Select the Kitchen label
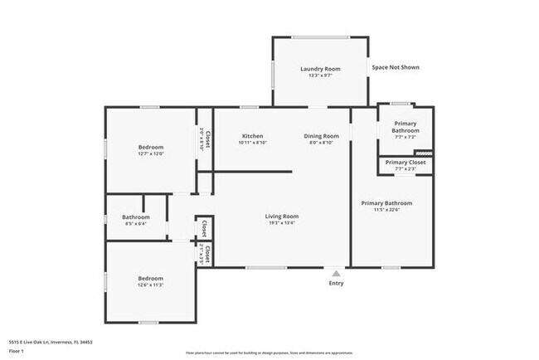tap(252, 136)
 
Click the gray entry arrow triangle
tap(336, 273)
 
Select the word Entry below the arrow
tap(336, 283)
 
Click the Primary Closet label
tap(405, 163)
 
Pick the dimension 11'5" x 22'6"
tap(386, 210)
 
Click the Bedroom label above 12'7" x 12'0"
tap(150, 147)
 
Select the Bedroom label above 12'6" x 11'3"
tap(150, 278)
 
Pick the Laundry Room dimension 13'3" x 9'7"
tap(320, 75)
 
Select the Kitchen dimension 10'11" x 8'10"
tap(252, 143)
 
